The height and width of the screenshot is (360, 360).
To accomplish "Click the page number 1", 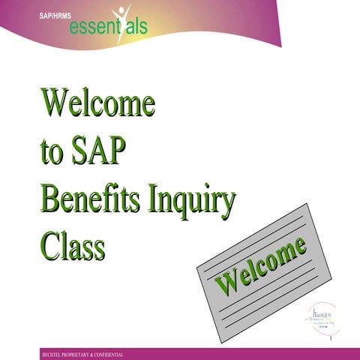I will [x=329, y=340].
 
